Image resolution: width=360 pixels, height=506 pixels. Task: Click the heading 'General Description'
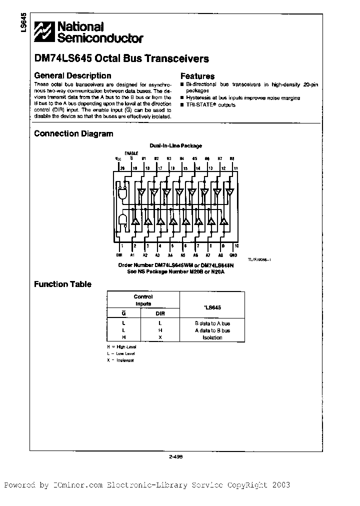point(72,76)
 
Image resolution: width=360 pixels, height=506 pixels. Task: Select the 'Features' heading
point(197,76)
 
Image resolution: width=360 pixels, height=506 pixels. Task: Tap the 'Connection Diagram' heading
point(73,134)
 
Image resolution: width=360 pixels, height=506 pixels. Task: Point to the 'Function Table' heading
point(62,284)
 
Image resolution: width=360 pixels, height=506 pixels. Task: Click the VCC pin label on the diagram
point(118,158)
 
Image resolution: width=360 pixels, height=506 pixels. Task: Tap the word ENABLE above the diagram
point(131,153)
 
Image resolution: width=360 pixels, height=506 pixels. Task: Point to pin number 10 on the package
point(236,246)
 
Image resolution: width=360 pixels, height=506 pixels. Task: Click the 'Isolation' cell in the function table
point(212,337)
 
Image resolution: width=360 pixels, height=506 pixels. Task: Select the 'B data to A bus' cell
point(212,323)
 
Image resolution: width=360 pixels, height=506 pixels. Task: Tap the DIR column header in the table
point(160,313)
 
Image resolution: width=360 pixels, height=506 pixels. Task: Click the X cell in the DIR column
point(160,337)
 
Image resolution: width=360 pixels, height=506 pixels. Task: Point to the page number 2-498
point(176,456)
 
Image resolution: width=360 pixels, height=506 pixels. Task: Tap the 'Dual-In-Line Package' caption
point(176,145)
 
